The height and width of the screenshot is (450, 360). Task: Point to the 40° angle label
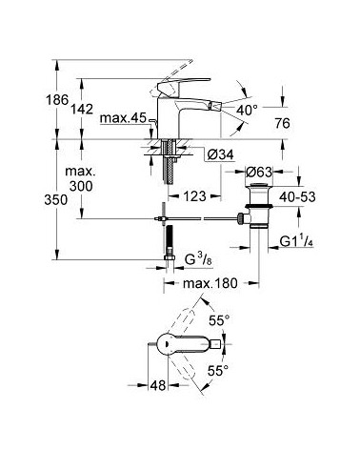pos(248,110)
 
